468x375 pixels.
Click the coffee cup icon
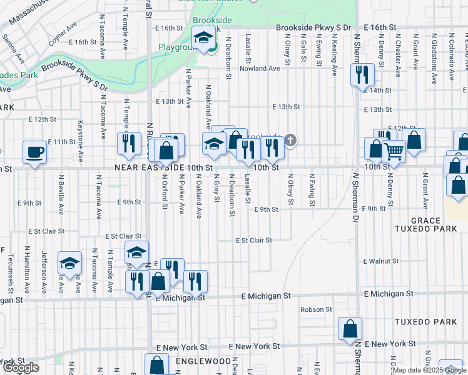(x=34, y=152)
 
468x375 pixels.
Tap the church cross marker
(x=290, y=140)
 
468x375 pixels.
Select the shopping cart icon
(x=394, y=150)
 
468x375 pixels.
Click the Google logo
(x=21, y=367)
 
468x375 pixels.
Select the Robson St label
(x=315, y=309)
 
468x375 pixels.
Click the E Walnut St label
(x=381, y=261)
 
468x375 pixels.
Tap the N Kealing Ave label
(x=334, y=54)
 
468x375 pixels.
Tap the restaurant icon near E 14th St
(x=362, y=76)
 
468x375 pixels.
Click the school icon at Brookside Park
(x=203, y=39)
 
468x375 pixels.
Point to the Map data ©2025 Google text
(x=429, y=370)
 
